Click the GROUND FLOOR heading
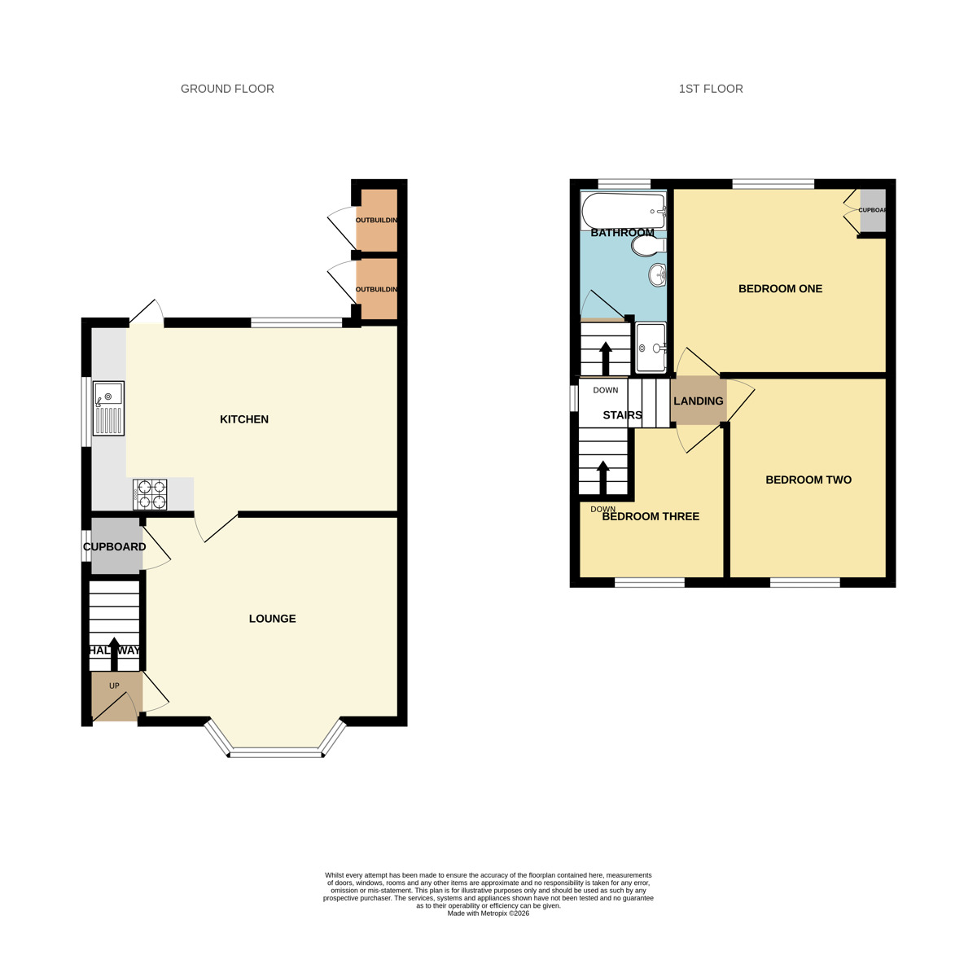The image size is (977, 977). tap(227, 89)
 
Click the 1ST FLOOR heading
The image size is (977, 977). tap(711, 89)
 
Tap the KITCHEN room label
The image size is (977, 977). tap(244, 419)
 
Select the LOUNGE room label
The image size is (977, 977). tap(272, 619)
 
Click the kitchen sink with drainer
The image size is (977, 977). tap(107, 409)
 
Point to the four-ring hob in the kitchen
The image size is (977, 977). tap(150, 494)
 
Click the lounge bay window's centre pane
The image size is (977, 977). tap(275, 752)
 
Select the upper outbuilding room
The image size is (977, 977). tap(377, 220)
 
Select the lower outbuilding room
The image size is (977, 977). tap(377, 289)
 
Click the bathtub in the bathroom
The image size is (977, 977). tap(624, 211)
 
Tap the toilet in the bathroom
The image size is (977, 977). tap(649, 244)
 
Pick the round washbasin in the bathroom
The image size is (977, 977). tap(658, 275)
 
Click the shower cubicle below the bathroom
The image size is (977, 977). tap(650, 348)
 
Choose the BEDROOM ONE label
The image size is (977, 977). tap(780, 289)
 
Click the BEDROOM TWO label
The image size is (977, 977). tap(808, 480)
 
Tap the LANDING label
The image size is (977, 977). tap(699, 401)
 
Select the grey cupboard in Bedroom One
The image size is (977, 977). tap(872, 210)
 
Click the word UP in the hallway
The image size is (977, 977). tap(114, 686)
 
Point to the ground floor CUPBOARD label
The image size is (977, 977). tap(115, 547)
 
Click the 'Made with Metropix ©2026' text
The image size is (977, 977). tap(488, 913)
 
